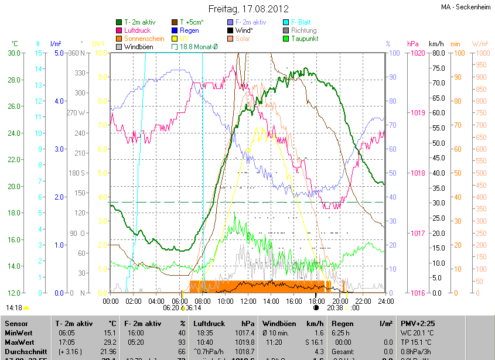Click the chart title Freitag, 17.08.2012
click(248, 9)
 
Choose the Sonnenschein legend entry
click(144, 39)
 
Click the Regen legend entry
click(189, 30)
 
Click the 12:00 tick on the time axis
click(248, 301)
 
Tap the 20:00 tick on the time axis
click(340, 301)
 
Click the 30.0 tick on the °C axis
click(14, 53)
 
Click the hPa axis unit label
click(412, 44)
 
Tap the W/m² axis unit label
click(480, 44)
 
